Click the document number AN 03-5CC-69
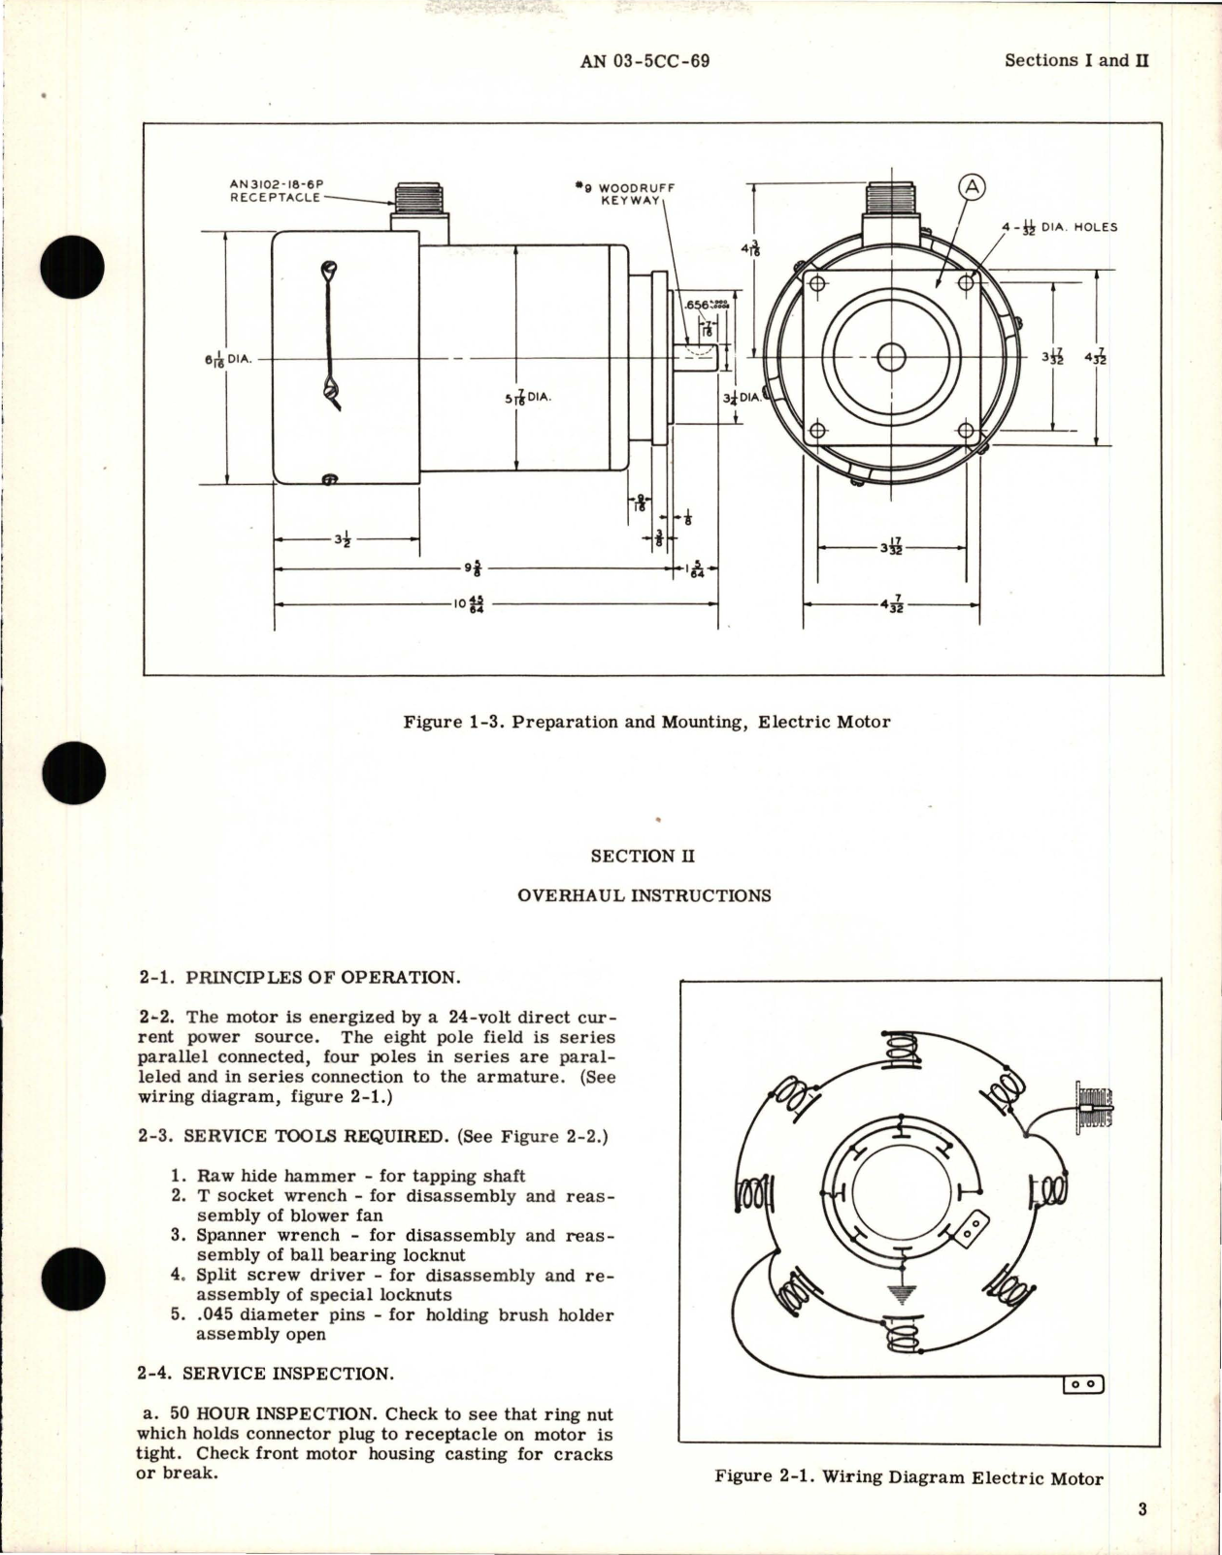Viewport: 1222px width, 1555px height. [644, 61]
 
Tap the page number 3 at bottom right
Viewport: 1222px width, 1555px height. [1142, 1508]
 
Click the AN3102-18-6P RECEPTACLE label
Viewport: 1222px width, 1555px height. [275, 190]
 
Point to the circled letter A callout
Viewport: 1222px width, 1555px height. [971, 188]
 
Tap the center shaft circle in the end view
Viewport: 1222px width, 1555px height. [891, 358]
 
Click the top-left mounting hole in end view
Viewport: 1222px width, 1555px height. [817, 283]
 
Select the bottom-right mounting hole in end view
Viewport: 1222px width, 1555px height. [965, 431]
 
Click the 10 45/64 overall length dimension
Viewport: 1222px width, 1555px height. [469, 604]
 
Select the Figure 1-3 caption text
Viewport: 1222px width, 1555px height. [646, 722]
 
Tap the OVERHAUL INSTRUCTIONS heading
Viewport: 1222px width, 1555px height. [644, 895]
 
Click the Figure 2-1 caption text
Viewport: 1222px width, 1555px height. [908, 1478]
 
